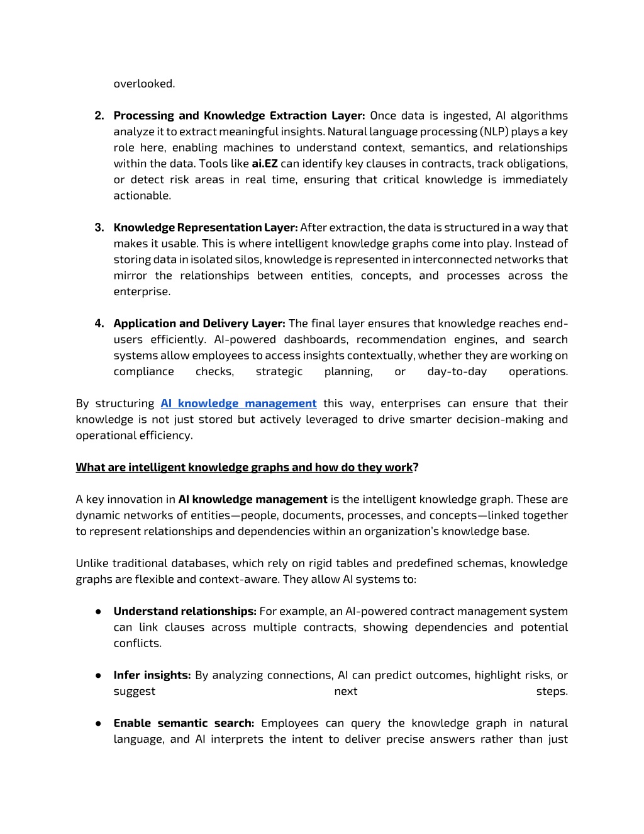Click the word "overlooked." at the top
coord(144,84)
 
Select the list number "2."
coord(99,116)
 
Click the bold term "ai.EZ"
coord(264,164)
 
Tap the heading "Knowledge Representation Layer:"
coord(206,228)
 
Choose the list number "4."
coord(99,324)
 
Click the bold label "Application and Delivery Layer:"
coord(199,324)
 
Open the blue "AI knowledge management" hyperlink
coord(238,403)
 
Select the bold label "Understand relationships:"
coord(185,611)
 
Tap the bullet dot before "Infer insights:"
coord(99,675)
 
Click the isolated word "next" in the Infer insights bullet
coord(346,691)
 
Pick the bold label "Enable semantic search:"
coord(184,723)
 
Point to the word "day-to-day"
coord(457,371)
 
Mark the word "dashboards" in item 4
coord(316,339)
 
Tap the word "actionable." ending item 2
coord(142,196)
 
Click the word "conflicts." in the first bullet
coord(138,643)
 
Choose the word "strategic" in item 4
coord(279,371)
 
